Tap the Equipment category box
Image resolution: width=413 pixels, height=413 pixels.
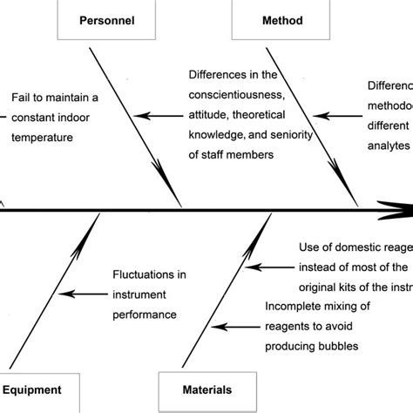coord(37,391)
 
